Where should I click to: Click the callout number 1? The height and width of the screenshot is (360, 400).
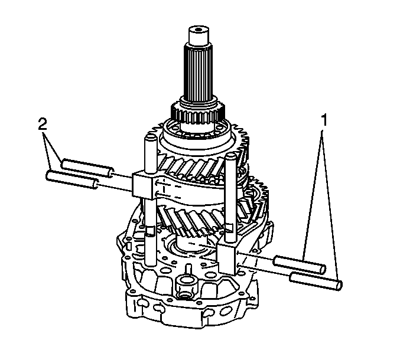point(323,120)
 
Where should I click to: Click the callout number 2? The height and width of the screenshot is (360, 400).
point(43,124)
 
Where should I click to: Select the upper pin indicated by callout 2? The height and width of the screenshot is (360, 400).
point(87,167)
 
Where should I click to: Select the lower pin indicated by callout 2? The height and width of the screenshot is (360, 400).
point(72,180)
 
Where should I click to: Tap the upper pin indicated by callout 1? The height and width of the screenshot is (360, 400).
point(300,265)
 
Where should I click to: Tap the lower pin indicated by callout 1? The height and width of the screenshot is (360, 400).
point(316,281)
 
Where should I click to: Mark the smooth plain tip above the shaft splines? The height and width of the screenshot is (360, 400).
point(199,35)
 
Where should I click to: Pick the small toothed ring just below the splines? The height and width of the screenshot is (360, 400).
point(198,112)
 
